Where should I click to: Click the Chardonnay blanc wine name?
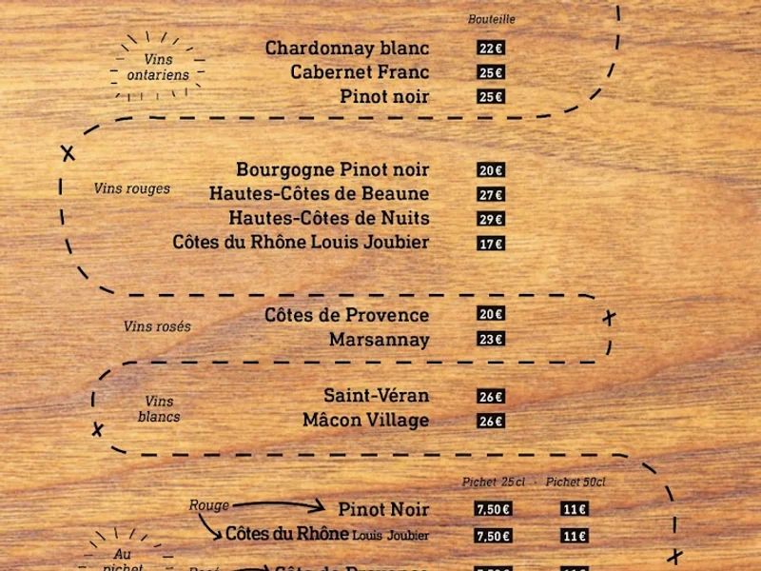click(x=347, y=49)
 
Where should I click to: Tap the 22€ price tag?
click(x=491, y=49)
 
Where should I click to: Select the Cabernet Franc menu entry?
click(x=360, y=72)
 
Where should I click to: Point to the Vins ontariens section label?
click(x=158, y=67)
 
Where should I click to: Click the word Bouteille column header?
click(x=492, y=19)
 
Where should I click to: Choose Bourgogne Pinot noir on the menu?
click(x=333, y=170)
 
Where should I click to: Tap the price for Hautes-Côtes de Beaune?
click(x=491, y=195)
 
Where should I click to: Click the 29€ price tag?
click(x=491, y=219)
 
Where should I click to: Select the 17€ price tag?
click(x=491, y=244)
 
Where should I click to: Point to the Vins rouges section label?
click(x=132, y=188)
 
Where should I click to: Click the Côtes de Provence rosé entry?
click(x=346, y=315)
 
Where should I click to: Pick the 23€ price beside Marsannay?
click(x=491, y=340)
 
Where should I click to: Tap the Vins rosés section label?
click(x=157, y=326)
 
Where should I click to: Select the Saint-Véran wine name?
click(x=376, y=396)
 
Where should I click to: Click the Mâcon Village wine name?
click(x=365, y=421)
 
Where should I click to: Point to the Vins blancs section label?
click(x=159, y=409)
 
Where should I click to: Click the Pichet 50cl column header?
click(x=576, y=482)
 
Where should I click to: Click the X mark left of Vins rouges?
click(x=68, y=152)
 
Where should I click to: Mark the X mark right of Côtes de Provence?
click(x=609, y=318)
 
